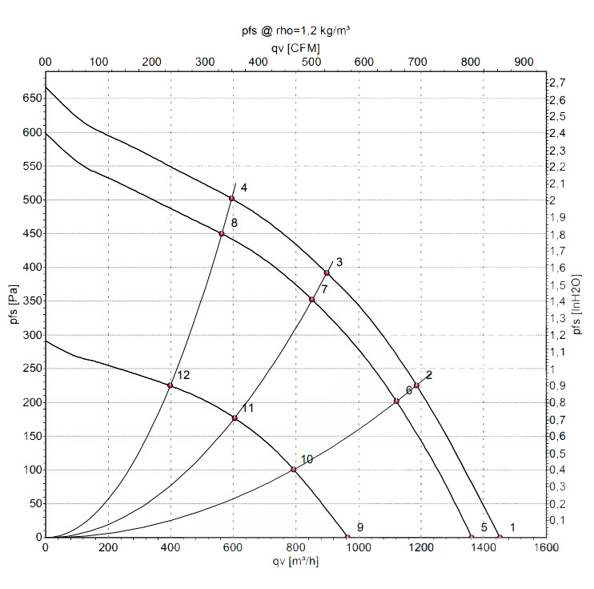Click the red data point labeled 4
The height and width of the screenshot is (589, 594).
pos(232,199)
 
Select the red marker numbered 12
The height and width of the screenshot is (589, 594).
pos(170,385)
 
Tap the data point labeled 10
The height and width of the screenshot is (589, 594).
pos(294,470)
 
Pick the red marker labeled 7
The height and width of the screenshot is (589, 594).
pos(312,300)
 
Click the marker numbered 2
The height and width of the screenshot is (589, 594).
pos(416,385)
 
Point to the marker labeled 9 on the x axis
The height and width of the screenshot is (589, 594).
pos(347,537)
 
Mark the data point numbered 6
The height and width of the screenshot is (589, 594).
pos(396,401)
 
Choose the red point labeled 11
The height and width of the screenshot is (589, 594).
pos(235,418)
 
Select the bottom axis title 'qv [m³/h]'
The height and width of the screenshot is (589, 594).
pos(297,562)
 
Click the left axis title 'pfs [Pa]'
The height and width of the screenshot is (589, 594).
pos(11,299)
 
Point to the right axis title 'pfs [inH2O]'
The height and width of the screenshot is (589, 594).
pos(578,299)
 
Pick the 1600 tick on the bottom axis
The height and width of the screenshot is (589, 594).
pos(546,548)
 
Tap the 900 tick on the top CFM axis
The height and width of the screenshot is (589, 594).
pos(523,61)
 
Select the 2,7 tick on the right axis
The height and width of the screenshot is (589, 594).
pos(559,83)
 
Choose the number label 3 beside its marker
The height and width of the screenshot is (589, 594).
pos(339,262)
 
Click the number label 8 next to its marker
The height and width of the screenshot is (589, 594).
pos(234,223)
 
